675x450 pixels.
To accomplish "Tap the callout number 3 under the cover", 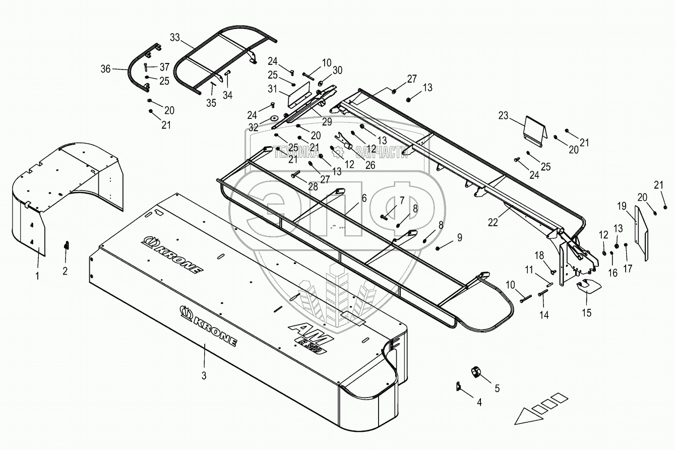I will [x=204, y=375].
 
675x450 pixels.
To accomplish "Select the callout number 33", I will [x=175, y=37].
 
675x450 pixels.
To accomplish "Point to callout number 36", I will [x=105, y=70].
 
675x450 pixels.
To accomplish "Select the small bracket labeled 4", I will [x=459, y=386].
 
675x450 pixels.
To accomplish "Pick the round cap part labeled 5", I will [x=475, y=372].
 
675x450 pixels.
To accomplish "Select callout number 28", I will [x=313, y=186].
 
